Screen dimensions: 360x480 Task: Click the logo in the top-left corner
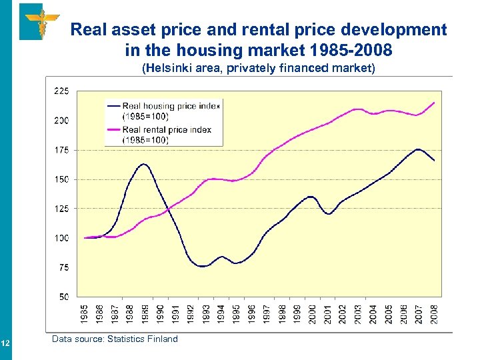pos(40,21)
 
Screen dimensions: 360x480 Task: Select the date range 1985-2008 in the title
pos(359,49)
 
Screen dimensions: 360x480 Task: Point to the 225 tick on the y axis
pos(61,91)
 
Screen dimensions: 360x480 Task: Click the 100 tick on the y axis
pos(61,238)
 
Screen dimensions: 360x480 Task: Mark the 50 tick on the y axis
pos(63,297)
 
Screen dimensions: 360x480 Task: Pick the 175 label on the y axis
pos(61,150)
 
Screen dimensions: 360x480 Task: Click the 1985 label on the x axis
pos(85,314)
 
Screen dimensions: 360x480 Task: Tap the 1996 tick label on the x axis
pos(251,314)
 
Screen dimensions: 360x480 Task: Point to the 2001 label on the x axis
pos(327,314)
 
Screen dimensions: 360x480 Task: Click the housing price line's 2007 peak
pos(418,149)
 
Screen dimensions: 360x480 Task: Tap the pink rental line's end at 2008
pos(434,103)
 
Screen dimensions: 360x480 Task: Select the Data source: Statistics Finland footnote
pos(115,339)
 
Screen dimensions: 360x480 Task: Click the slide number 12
pos(5,343)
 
